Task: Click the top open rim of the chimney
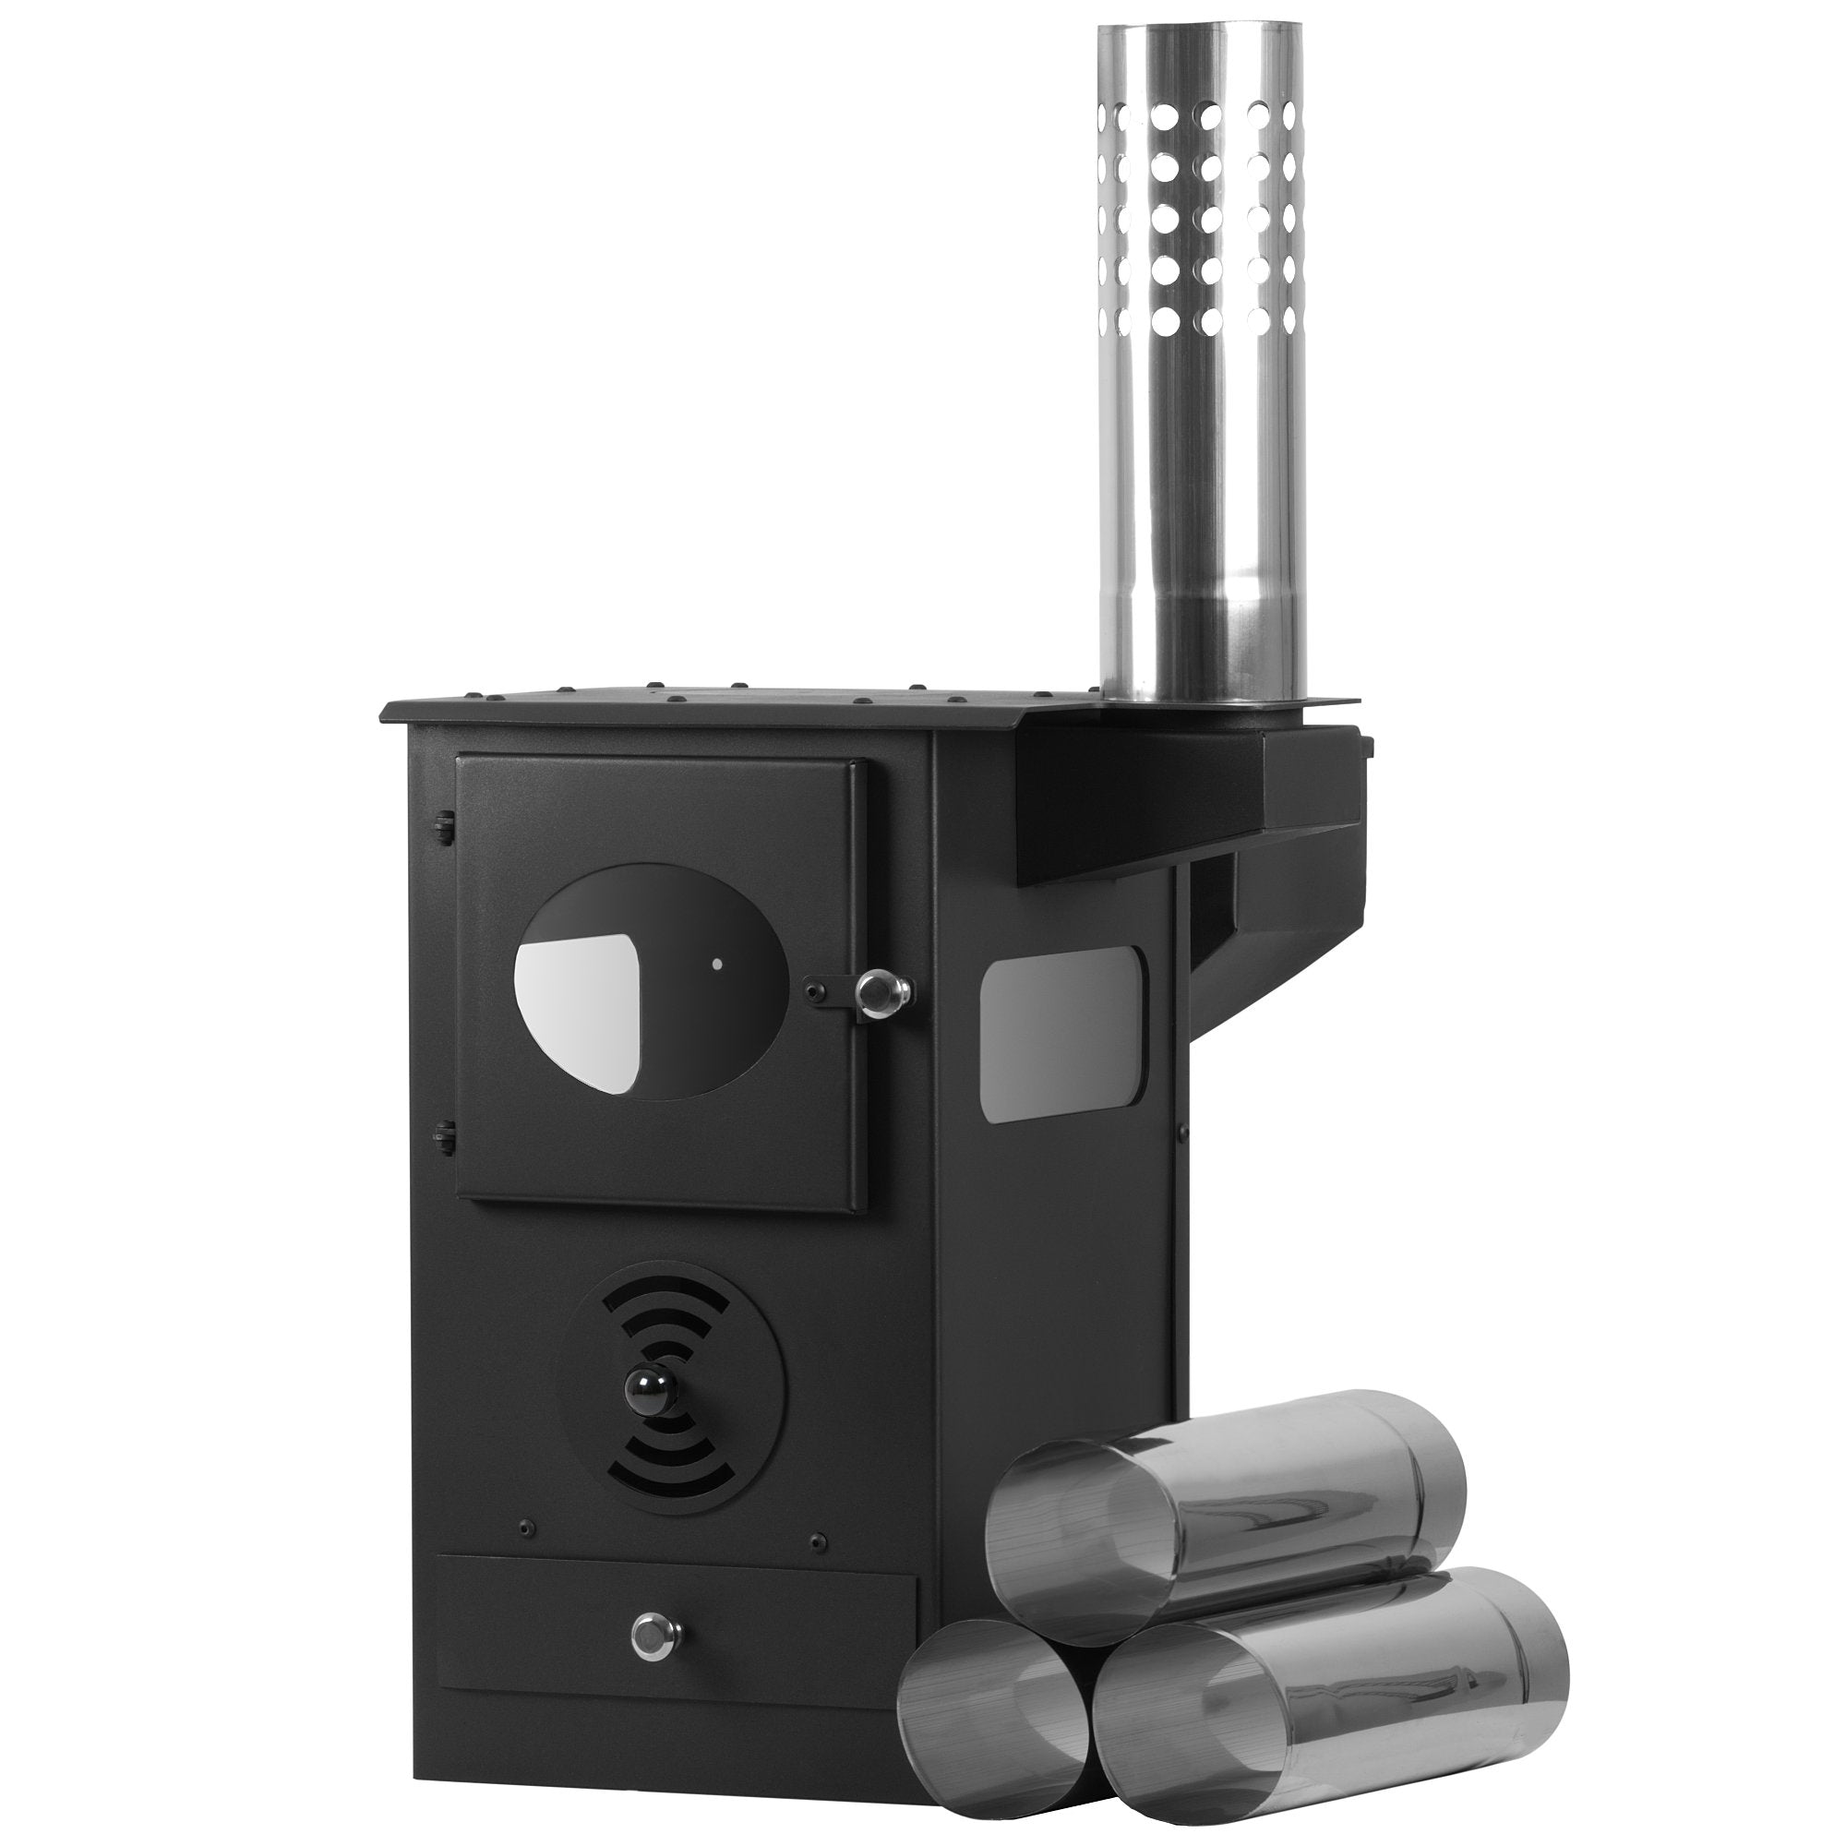(1201, 29)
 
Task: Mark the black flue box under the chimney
(1194, 784)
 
